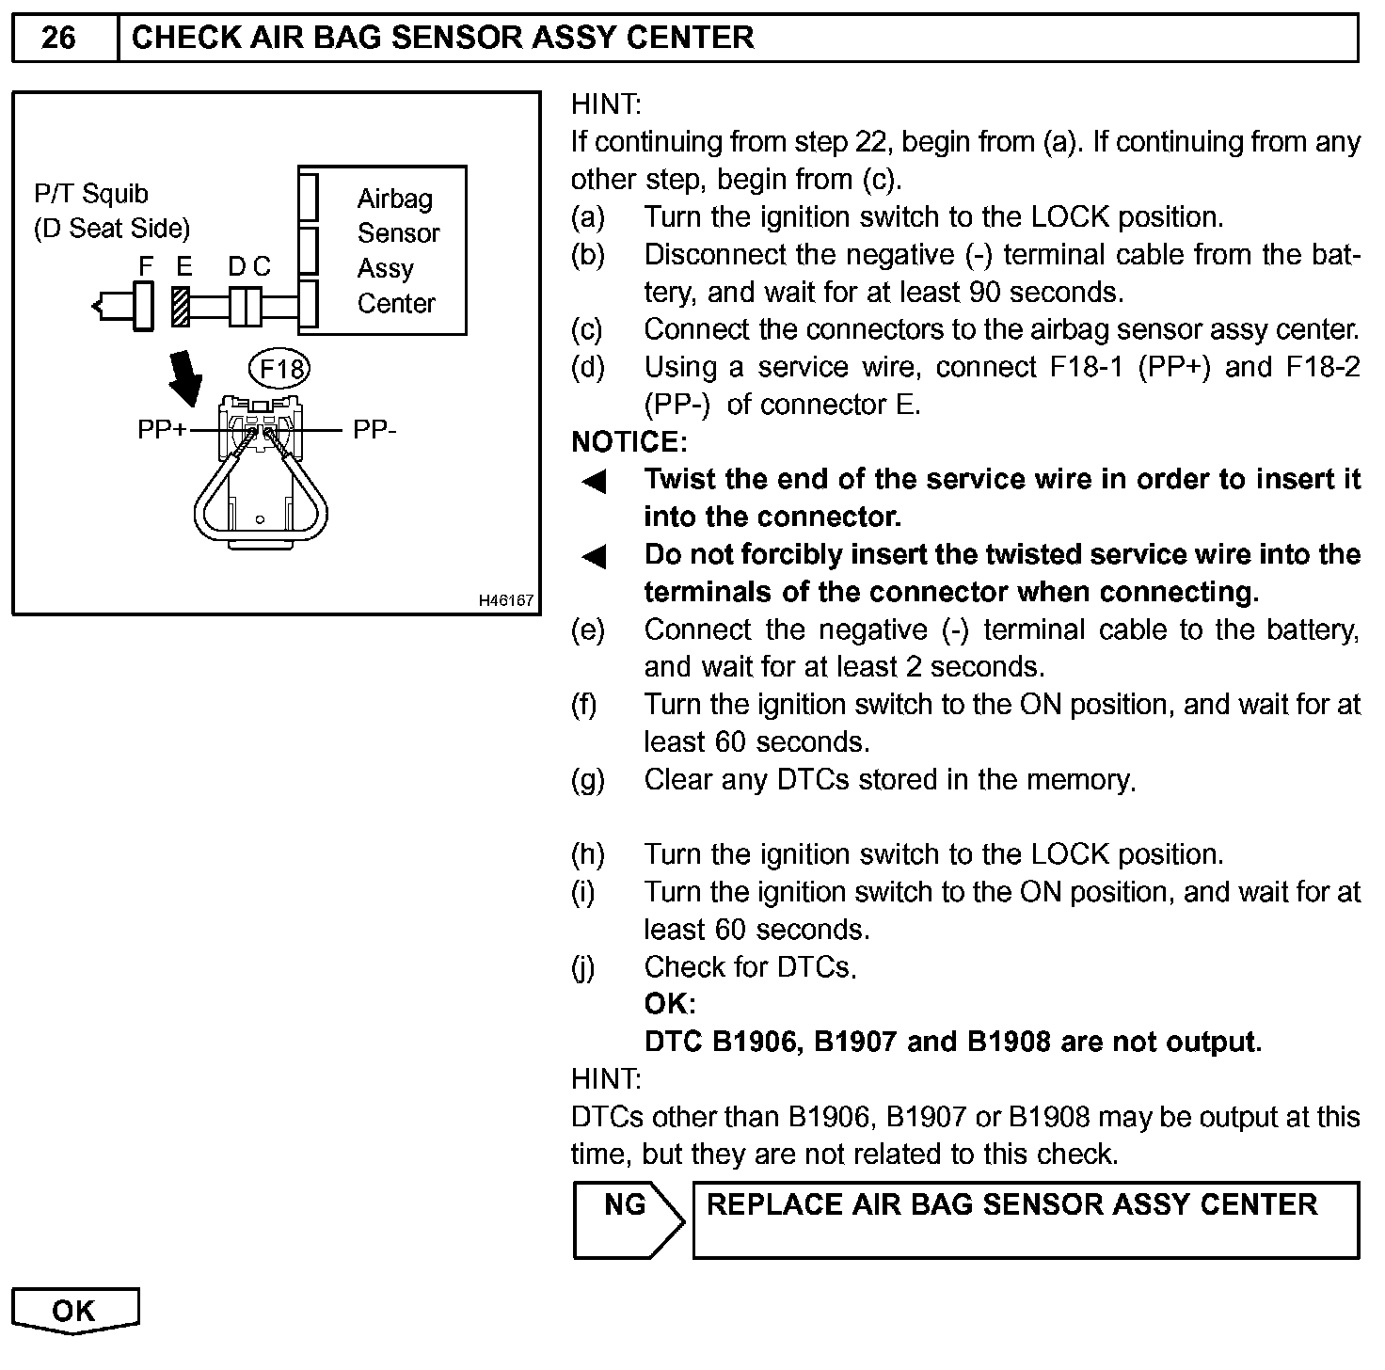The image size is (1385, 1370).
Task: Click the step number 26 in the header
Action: pos(58,38)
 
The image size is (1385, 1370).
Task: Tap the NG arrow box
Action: pos(627,1219)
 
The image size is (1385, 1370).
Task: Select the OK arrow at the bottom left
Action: pos(74,1310)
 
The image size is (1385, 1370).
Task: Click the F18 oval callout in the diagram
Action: pos(279,368)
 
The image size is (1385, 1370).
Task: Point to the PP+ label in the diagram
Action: pos(162,430)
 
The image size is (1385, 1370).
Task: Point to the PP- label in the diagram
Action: pos(374,430)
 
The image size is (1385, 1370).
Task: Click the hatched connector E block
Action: pos(182,307)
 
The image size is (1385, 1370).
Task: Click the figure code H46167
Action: pos(506,600)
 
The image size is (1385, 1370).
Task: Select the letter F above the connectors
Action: pos(146,266)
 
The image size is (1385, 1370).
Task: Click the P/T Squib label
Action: pos(91,194)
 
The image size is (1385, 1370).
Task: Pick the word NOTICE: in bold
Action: pos(629,441)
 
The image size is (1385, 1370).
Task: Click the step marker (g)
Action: pos(588,779)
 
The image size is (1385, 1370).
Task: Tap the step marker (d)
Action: pos(588,367)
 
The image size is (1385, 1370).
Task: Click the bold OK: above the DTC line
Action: pos(670,1004)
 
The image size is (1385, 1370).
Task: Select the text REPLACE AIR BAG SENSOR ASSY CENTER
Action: pos(1011,1204)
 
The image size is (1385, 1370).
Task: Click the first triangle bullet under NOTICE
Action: pos(594,482)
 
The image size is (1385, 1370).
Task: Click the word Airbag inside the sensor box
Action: pos(395,199)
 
